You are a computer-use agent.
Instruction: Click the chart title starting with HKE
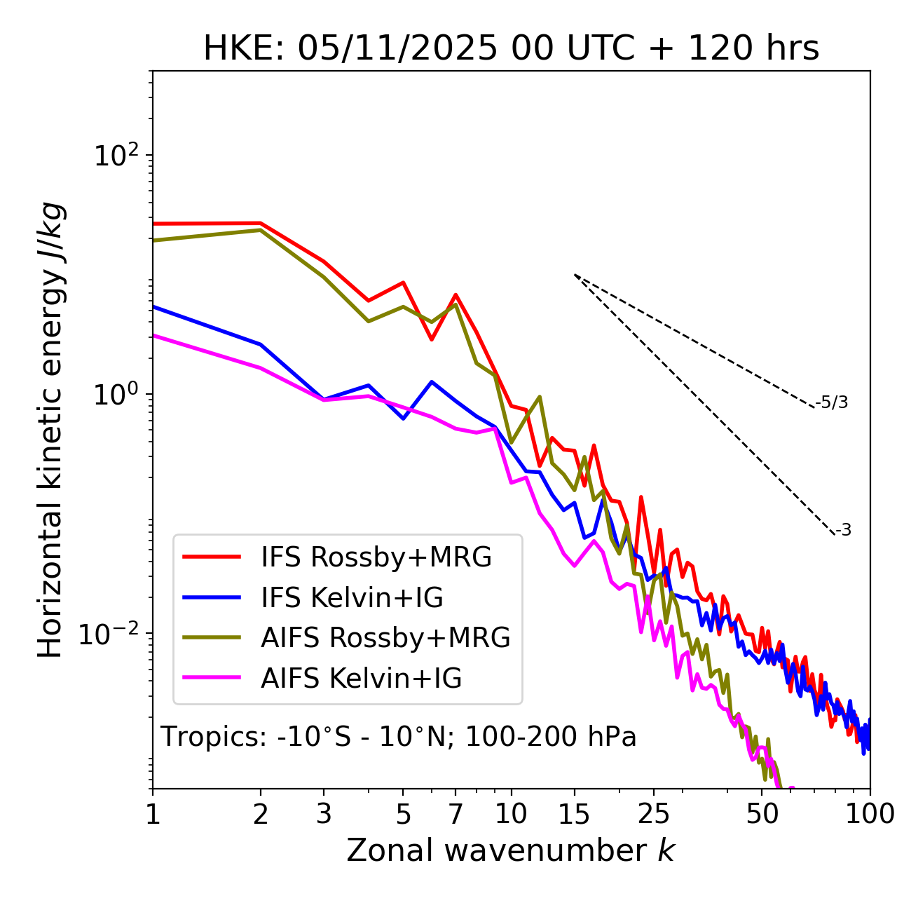tap(511, 49)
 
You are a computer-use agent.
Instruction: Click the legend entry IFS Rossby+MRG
tap(376, 557)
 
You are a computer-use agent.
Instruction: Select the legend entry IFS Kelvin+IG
tap(352, 598)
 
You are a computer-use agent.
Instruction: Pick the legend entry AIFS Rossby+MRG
tap(385, 638)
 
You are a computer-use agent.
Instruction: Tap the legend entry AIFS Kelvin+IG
tap(361, 679)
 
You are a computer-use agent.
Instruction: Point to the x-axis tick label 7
tap(456, 814)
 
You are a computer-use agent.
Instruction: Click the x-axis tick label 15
tap(574, 814)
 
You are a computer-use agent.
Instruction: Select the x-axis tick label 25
tap(654, 814)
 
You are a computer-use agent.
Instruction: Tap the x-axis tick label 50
tap(762, 814)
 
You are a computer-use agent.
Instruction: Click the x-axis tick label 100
tap(870, 814)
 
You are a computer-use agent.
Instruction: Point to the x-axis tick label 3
tap(324, 814)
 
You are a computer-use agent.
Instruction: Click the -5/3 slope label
tap(832, 402)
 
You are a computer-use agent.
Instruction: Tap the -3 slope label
tap(844, 531)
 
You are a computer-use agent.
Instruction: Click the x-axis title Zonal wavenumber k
tap(511, 851)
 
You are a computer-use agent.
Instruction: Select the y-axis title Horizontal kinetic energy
tap(51, 430)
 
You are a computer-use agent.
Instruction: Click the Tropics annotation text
tap(399, 737)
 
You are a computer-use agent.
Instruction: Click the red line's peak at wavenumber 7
tap(456, 294)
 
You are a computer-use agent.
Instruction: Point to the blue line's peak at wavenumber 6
tap(432, 381)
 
